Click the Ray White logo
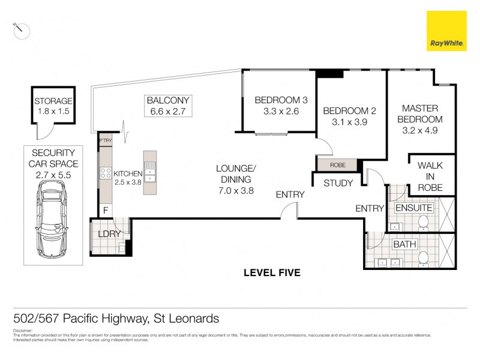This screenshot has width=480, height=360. coord(446,31)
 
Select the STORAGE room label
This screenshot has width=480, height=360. coord(53,101)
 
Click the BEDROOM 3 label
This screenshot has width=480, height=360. coord(277,100)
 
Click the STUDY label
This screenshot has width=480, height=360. coord(338,183)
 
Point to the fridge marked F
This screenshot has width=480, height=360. coord(105,211)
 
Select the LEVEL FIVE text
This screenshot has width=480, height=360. coord(272,273)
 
